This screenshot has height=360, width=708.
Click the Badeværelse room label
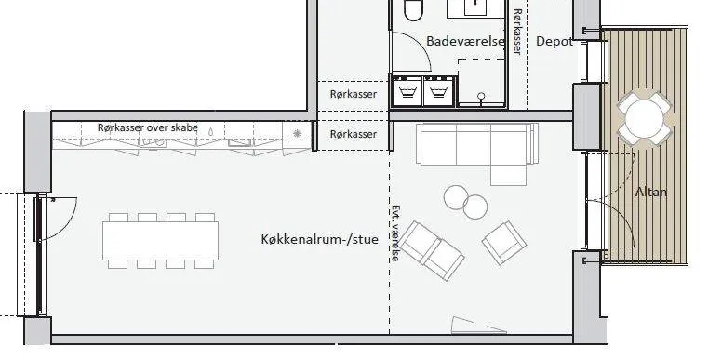(465, 42)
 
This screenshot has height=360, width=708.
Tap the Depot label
(554, 42)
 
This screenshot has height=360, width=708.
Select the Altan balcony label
(651, 192)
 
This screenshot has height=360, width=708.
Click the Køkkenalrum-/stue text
(320, 239)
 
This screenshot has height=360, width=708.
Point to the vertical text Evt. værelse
(395, 233)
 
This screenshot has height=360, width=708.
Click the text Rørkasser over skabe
(148, 127)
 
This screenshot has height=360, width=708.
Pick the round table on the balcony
(645, 118)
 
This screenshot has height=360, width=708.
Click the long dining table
(160, 240)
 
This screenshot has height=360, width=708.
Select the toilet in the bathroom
(413, 10)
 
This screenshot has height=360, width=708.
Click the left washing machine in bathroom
(407, 91)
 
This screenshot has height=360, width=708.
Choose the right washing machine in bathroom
(439, 91)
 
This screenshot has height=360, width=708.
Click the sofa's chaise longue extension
(509, 174)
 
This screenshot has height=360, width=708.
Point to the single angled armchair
(504, 243)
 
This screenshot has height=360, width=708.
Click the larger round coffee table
(456, 197)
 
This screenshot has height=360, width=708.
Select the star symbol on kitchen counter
(297, 133)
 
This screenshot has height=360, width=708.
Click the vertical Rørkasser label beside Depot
(518, 32)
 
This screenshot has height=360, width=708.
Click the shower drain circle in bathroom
(481, 96)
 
